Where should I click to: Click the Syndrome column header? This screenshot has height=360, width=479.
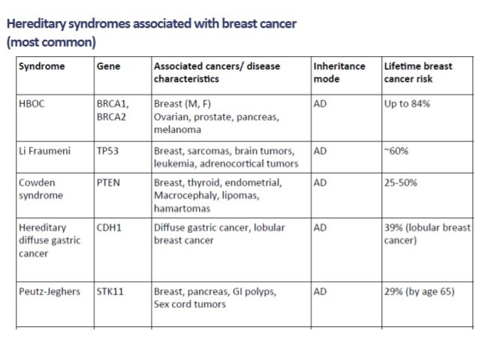coord(42,66)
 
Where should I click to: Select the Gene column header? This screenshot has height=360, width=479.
coord(109,66)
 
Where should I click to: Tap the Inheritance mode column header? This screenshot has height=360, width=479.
coord(339,71)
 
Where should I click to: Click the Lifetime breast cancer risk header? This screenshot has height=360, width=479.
coord(417,71)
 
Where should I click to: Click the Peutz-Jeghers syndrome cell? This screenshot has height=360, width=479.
coord(50,291)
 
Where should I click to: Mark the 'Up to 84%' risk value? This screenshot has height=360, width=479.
coord(407,104)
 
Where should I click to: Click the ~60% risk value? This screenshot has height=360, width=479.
coord(396,150)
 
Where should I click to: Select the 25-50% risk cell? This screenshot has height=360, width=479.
coord(400,183)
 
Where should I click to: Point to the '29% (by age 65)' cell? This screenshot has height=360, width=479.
coord(419,291)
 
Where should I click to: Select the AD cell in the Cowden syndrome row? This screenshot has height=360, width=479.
coord(320,183)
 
